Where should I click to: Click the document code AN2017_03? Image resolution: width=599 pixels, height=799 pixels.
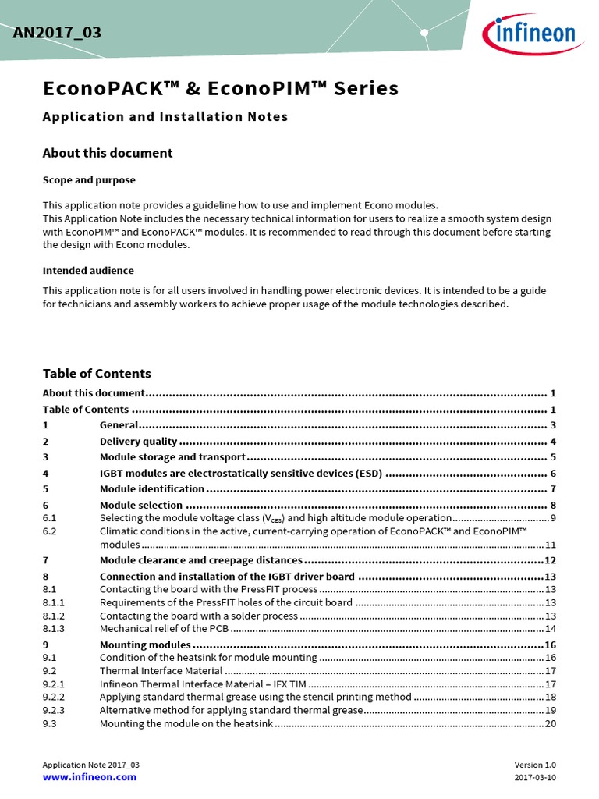point(57,33)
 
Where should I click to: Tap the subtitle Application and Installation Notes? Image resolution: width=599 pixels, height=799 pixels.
point(165,117)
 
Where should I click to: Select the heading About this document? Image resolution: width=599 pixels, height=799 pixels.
point(108,153)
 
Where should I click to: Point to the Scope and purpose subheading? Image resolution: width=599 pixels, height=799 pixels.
point(89,180)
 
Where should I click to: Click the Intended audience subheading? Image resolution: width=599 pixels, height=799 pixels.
point(88,271)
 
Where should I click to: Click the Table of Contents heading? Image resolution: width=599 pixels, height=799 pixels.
point(97,374)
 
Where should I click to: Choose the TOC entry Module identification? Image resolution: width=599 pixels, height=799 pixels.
point(152,489)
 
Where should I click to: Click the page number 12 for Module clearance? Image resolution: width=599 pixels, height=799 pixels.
point(549,560)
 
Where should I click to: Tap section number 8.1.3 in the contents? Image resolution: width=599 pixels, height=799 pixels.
point(54,629)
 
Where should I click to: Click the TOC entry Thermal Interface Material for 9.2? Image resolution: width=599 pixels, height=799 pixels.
point(161,671)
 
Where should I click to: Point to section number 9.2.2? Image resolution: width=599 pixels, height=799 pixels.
point(54,697)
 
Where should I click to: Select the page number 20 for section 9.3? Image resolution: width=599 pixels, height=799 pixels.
point(550,723)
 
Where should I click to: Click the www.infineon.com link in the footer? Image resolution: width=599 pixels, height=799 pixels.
point(90,777)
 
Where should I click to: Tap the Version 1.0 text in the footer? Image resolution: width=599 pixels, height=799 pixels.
point(535,765)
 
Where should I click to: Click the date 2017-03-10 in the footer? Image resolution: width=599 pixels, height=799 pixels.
point(535,778)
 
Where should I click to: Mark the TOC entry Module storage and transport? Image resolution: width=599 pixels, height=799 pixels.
point(172,457)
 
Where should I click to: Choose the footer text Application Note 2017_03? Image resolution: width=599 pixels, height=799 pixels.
point(91,765)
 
